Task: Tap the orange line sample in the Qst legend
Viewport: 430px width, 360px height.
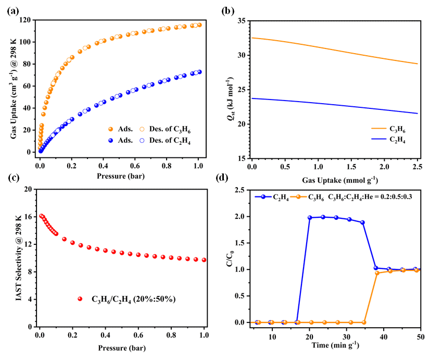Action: [x=380, y=127]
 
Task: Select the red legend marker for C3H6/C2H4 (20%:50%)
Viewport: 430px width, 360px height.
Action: [x=80, y=299]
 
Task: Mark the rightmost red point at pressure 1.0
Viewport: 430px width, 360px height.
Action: [x=204, y=260]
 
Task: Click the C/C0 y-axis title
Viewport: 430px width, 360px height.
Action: [x=227, y=255]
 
